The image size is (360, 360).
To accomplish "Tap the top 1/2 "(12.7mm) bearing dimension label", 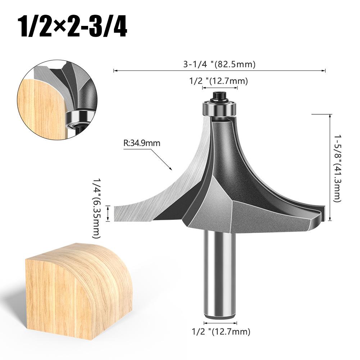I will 219,81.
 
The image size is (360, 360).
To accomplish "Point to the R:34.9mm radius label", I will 142,143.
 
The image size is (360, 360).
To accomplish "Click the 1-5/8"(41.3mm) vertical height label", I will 337,168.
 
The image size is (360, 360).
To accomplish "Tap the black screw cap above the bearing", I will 219,96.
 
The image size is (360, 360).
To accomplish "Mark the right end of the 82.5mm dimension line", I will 325,71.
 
